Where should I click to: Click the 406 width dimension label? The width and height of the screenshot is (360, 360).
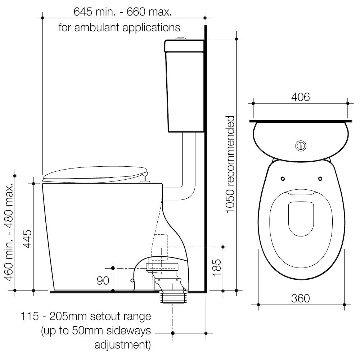pos(300,97)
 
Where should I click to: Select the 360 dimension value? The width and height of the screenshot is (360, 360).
pos(300,298)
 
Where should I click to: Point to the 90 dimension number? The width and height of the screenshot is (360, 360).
pos(103,280)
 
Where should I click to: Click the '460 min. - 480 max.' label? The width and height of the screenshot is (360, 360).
pos(9,232)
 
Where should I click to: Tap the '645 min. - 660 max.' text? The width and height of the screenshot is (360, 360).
pos(122,12)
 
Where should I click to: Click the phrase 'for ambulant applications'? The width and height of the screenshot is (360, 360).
pos(119,27)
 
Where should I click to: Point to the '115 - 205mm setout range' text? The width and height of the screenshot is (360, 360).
pos(86,317)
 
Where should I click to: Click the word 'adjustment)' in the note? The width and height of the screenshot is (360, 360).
pos(122,345)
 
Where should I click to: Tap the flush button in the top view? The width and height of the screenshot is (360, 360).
pos(301,146)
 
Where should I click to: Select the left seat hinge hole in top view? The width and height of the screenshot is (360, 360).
pos(282,179)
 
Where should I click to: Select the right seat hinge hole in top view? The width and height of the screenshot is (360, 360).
pos(320,179)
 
